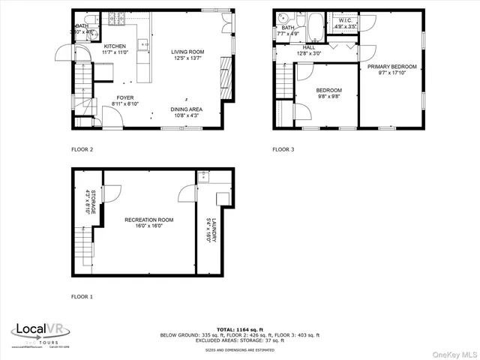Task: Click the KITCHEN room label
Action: click(x=115, y=46)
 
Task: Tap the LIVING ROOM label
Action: click(x=187, y=52)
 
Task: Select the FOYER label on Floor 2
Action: click(x=124, y=97)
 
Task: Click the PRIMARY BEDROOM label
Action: click(x=391, y=67)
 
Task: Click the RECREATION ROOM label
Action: click(x=148, y=220)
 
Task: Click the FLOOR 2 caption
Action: click(x=82, y=149)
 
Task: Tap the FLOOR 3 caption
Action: click(x=283, y=149)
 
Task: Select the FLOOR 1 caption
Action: click(x=82, y=297)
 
